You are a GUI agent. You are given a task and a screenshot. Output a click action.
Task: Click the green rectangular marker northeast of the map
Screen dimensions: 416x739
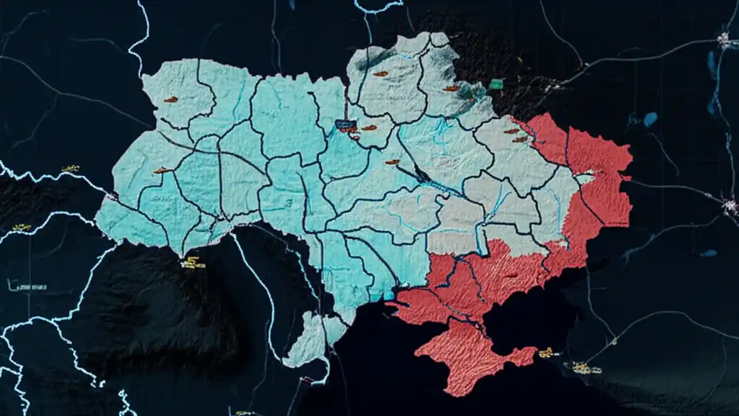click(495, 84)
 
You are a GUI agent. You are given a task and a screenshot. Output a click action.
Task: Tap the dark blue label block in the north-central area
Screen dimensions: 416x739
click(345, 124)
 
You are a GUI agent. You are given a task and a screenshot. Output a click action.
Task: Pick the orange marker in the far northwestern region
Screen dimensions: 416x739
click(170, 99)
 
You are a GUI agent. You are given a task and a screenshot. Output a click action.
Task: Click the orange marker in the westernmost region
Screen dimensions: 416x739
click(161, 170)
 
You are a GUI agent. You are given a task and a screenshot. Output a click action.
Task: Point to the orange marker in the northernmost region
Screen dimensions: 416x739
click(380, 73)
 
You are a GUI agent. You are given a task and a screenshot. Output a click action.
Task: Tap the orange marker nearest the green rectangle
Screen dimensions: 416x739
click(451, 88)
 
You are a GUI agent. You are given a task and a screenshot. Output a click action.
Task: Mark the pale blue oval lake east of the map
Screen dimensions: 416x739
click(650, 119)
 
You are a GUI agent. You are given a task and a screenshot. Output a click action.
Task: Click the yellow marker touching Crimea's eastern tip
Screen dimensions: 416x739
click(546, 352)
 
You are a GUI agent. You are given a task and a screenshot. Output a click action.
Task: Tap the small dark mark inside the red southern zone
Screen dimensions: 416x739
click(511, 276)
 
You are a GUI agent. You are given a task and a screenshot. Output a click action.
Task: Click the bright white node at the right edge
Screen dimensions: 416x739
click(729, 205)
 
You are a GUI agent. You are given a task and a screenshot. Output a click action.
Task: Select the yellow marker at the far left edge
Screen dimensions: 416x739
click(21, 227)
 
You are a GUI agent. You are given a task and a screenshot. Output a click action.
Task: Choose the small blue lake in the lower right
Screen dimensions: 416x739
click(708, 253)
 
